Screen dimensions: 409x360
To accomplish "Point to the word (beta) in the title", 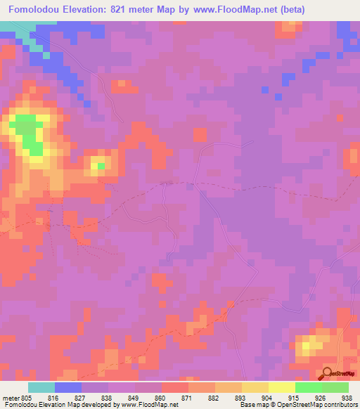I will (293, 9).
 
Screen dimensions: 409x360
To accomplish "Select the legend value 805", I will (27, 398).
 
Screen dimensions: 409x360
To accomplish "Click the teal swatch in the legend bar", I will (41, 387).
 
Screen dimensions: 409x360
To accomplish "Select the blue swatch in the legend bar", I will (68, 387).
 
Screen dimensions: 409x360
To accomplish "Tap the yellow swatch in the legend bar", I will (282, 387).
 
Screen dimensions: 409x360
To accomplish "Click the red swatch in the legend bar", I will (175, 387).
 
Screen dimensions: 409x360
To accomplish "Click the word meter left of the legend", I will (10, 398).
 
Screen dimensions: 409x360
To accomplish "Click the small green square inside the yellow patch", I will (101, 166).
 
